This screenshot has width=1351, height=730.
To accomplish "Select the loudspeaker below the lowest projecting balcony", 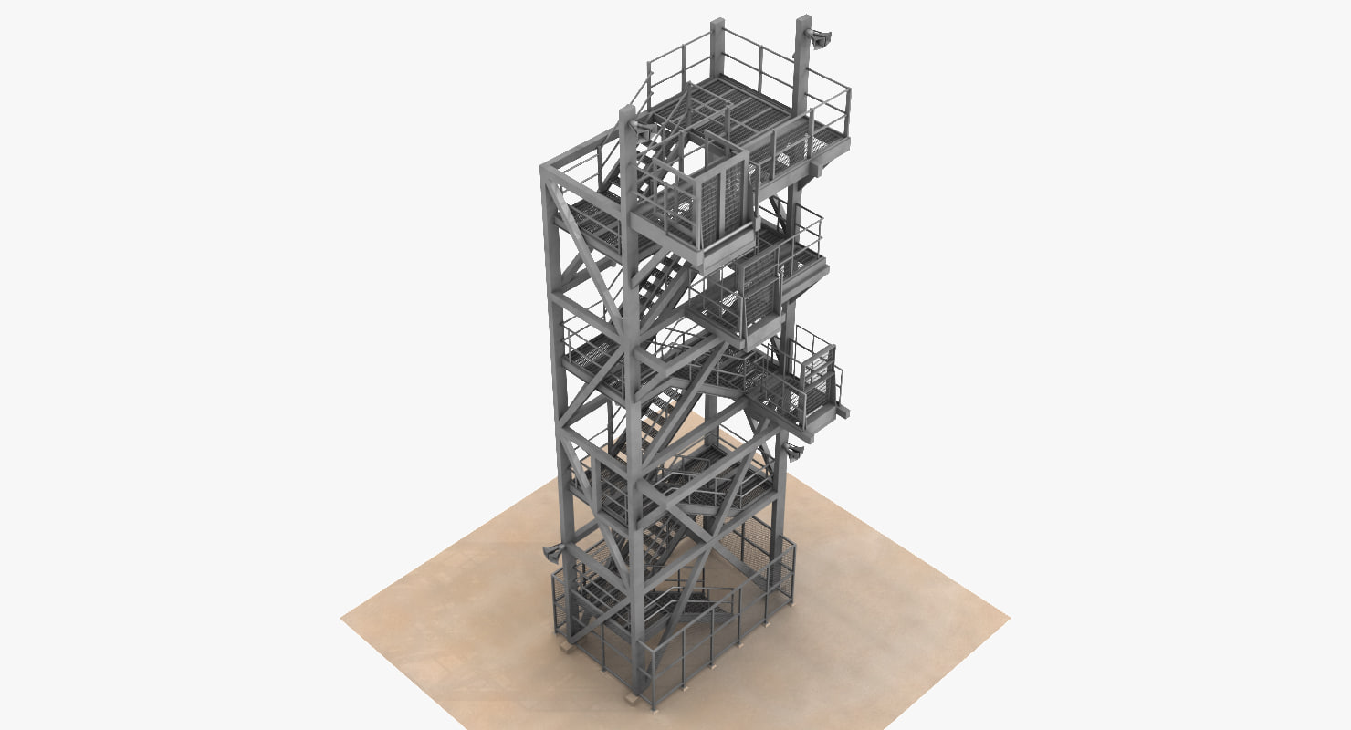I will coord(792,450).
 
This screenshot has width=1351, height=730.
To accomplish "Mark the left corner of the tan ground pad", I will coord(343,620).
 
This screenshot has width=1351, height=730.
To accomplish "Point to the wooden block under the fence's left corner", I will coord(566,649).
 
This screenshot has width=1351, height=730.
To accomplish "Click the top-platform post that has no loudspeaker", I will coord(717,46).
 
